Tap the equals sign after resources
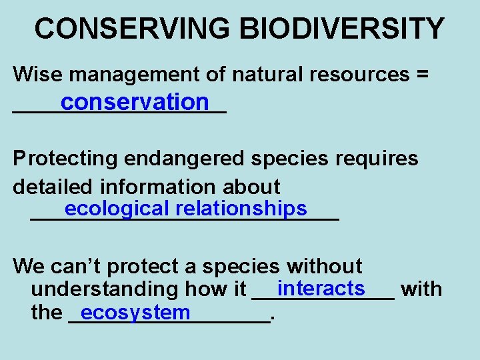click(x=421, y=75)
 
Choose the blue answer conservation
click(x=134, y=102)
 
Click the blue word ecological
click(x=117, y=209)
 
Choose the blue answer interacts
click(x=321, y=289)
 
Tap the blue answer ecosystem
click(x=135, y=312)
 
